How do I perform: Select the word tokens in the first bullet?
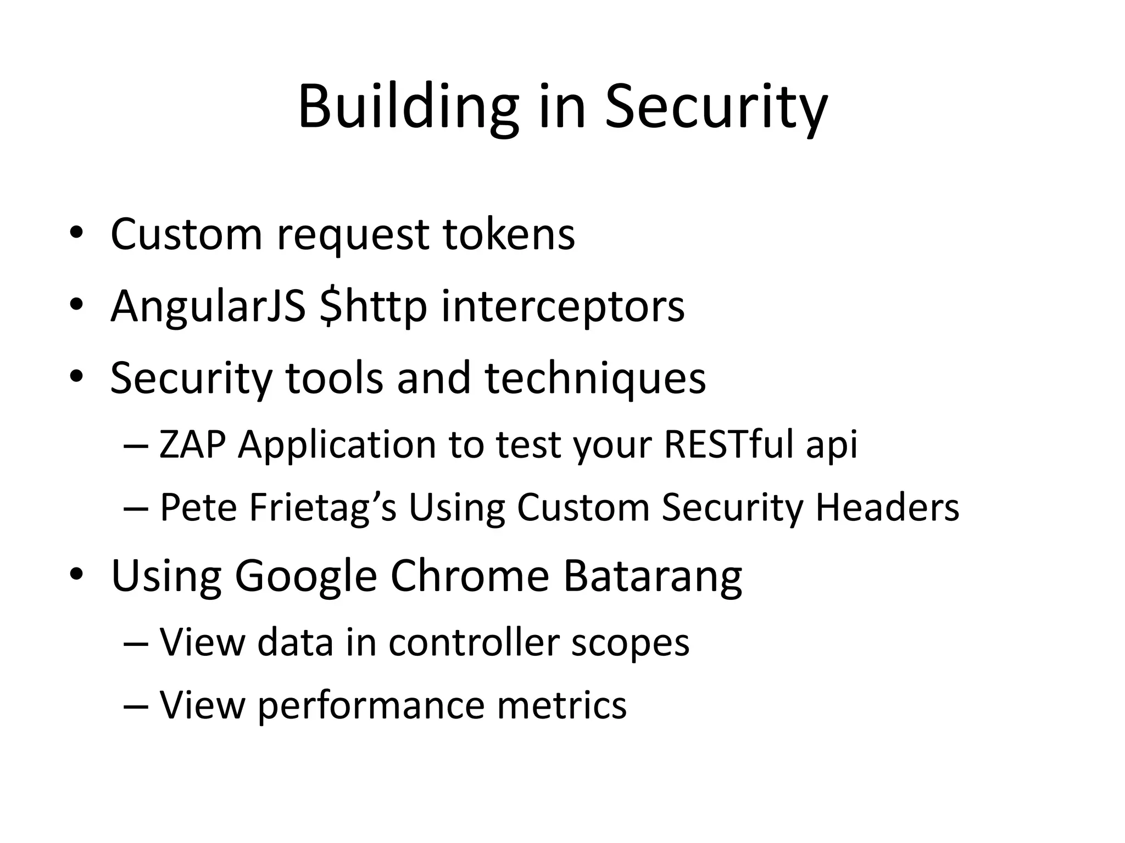coord(509,234)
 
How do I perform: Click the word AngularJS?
coord(208,306)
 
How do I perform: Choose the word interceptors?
coord(563,307)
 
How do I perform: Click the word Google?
coord(305,576)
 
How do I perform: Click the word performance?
coord(371,705)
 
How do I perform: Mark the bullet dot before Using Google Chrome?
coord(76,574)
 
